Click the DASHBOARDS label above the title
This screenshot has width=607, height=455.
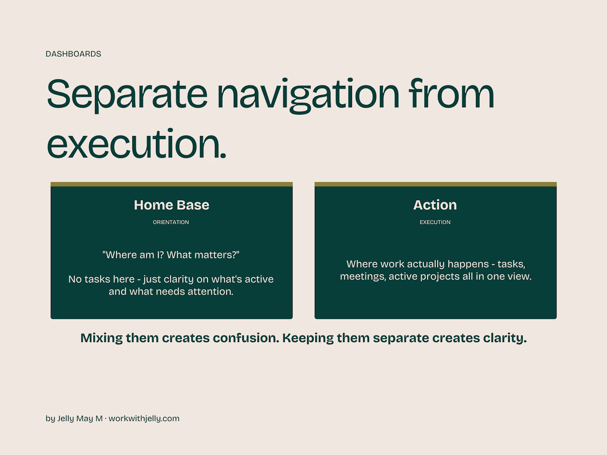[x=73, y=54]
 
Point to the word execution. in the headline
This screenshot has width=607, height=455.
[x=137, y=143]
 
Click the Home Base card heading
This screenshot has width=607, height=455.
[x=171, y=205]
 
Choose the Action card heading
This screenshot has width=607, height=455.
[x=435, y=205]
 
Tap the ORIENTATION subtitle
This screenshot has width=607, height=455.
[x=171, y=222]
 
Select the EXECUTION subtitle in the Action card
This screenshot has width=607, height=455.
[x=435, y=222]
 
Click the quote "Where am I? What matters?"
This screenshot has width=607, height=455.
[x=171, y=255]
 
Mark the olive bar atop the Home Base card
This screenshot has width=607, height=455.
[x=171, y=184]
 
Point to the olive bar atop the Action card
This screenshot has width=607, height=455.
[x=436, y=184]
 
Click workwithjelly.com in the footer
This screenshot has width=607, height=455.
[x=144, y=419]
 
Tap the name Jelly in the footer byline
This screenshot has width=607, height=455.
[x=66, y=419]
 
